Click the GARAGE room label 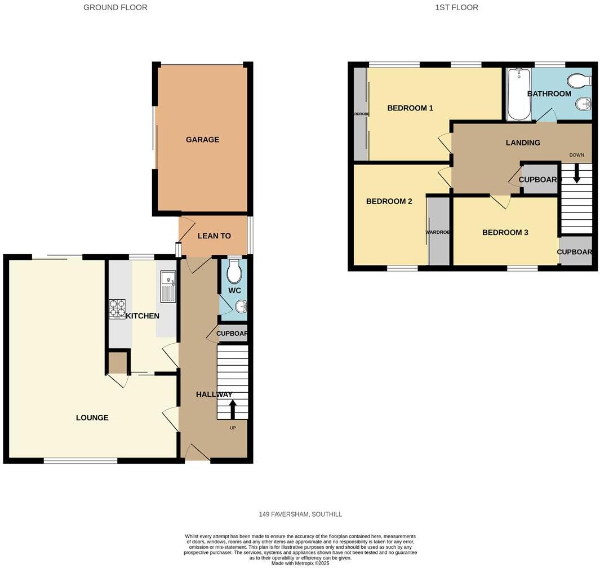202,140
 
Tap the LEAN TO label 214,236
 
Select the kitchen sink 168,285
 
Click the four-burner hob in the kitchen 117,309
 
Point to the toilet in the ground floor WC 234,273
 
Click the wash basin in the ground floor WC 241,307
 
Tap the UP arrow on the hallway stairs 233,409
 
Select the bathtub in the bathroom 518,94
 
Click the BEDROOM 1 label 410,108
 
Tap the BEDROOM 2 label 389,201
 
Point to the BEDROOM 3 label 505,232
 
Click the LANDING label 523,143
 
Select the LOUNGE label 92,418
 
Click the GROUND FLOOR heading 115,7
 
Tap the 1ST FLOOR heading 457,7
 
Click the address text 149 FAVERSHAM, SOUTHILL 300,514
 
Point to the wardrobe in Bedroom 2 439,231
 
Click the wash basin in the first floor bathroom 584,104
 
